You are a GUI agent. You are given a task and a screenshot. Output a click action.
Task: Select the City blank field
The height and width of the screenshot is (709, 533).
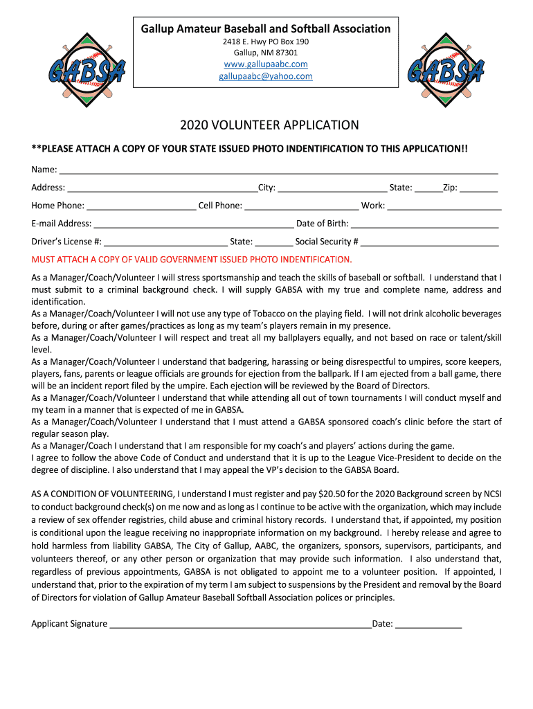tap(332, 188)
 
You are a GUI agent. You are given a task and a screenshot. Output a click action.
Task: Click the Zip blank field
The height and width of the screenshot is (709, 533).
tap(479, 188)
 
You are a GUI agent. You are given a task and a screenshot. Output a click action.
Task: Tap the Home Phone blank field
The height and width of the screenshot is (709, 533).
tap(141, 206)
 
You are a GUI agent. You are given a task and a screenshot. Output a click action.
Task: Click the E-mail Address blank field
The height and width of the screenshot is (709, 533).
tap(194, 224)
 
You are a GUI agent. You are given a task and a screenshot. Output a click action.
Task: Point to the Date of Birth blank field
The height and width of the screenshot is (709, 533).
tap(425, 224)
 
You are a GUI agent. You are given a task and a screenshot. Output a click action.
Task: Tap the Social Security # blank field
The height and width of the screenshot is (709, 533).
tap(430, 242)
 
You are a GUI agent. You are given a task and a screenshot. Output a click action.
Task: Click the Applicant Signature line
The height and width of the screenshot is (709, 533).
tap(241, 625)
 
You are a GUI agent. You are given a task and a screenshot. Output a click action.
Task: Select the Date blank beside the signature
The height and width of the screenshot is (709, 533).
tap(428, 625)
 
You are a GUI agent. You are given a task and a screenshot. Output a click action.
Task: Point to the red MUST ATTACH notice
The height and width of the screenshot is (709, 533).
tap(192, 260)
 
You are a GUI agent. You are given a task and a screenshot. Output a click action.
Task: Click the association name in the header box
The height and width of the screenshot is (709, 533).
tap(266, 29)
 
